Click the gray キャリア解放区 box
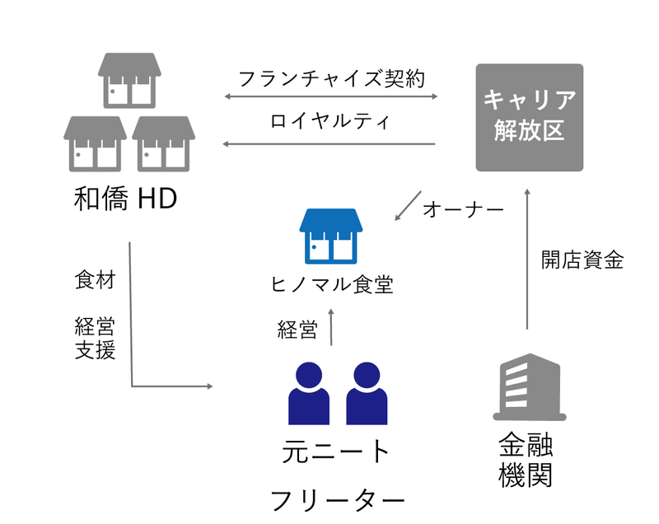[530, 117]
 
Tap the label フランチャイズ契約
[329, 79]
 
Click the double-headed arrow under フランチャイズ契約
[329, 97]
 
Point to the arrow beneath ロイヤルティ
[329, 144]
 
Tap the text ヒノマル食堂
[331, 285]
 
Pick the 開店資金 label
[582, 260]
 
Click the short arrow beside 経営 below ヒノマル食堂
[331, 327]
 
